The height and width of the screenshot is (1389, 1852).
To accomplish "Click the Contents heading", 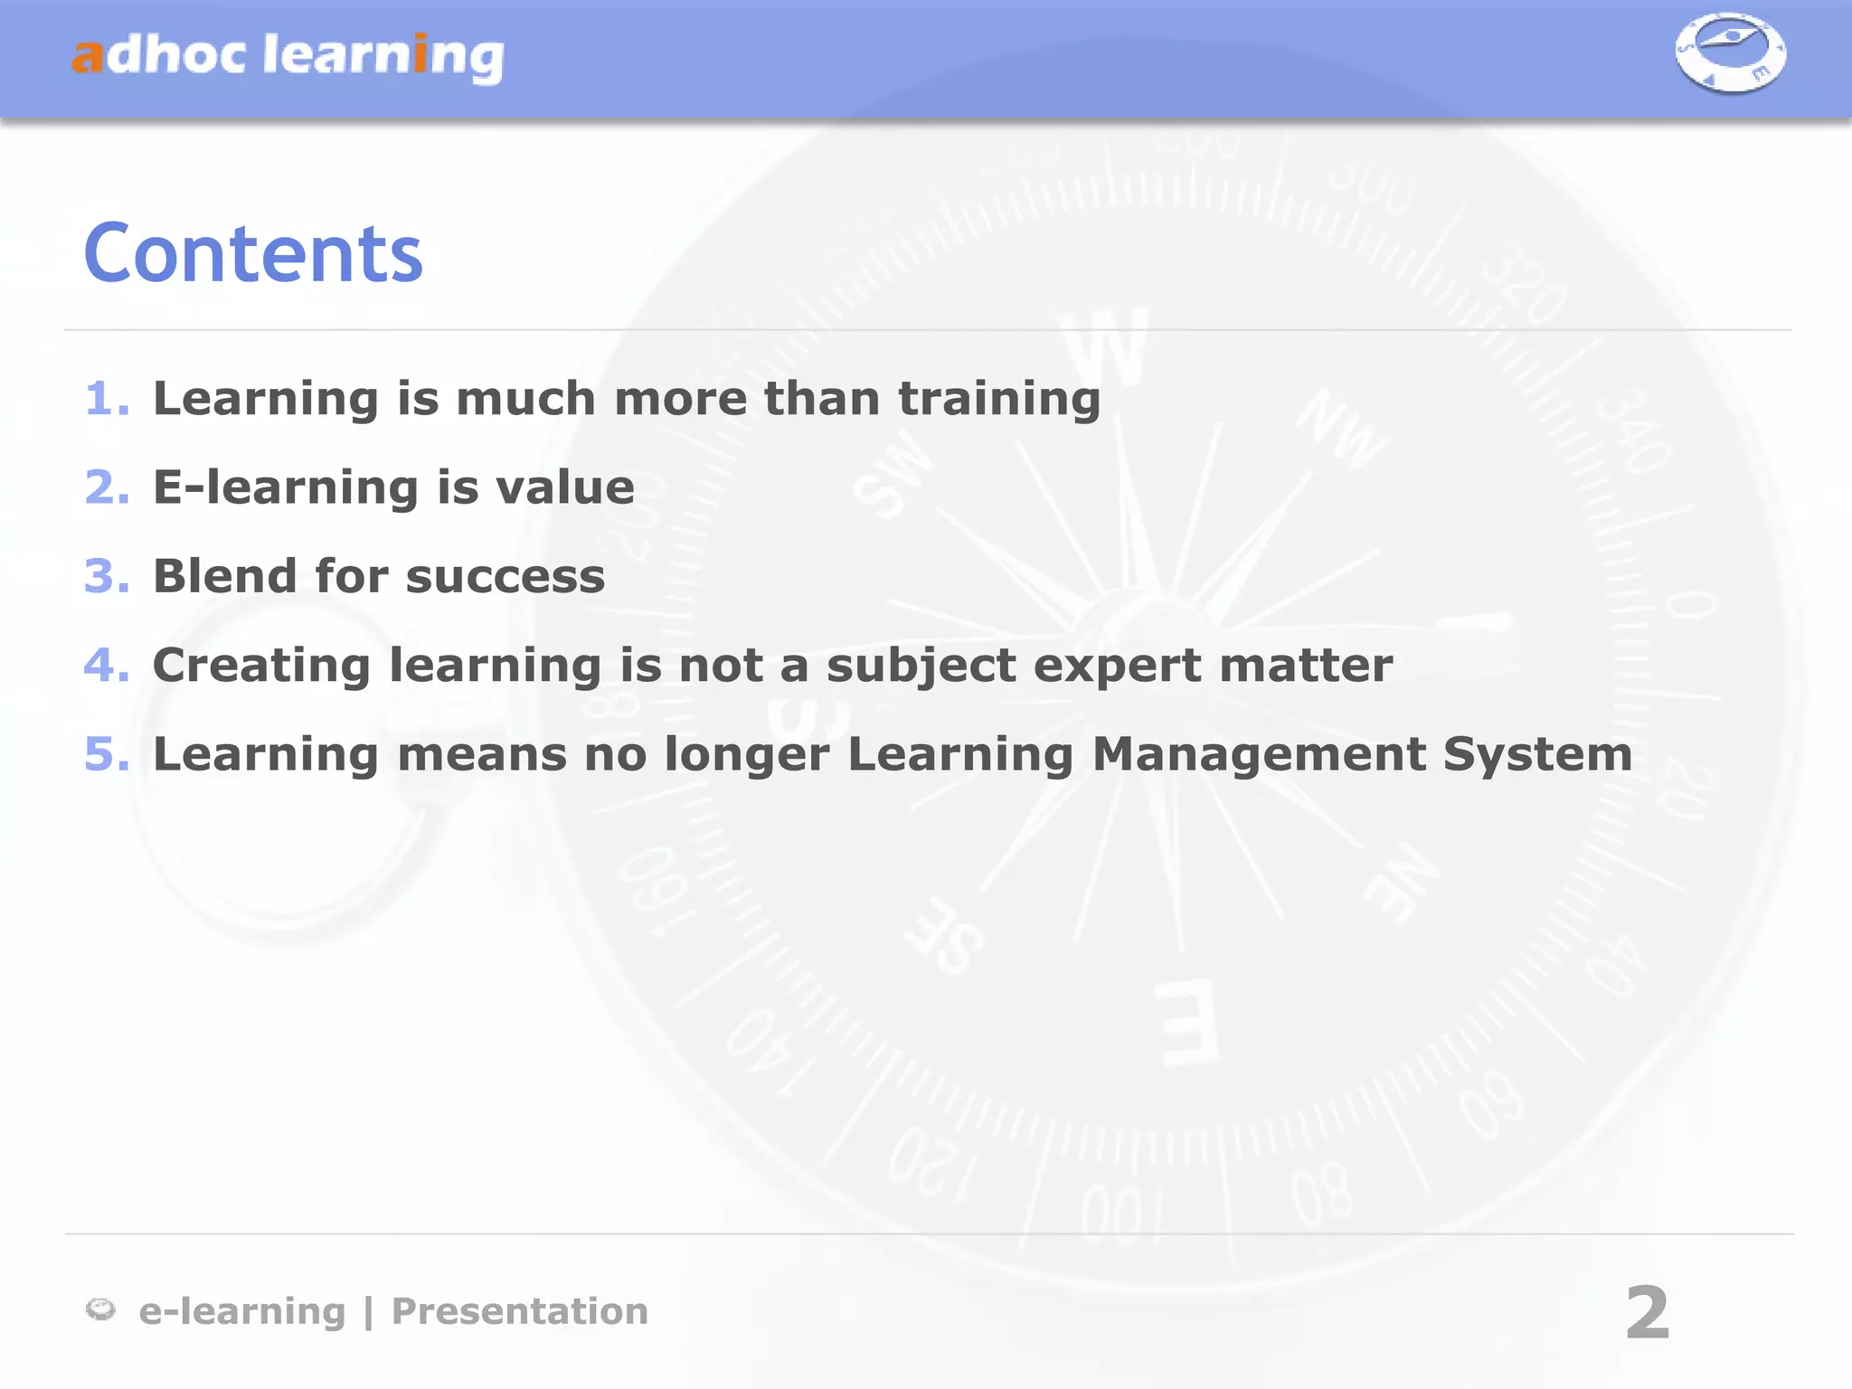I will (x=253, y=254).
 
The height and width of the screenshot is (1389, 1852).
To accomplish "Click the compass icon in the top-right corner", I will (x=1730, y=53).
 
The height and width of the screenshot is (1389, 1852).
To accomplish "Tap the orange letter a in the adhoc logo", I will (x=88, y=56).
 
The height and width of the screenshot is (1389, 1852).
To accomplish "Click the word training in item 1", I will (x=999, y=399).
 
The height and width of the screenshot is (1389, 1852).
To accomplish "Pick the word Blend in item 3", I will (x=225, y=576).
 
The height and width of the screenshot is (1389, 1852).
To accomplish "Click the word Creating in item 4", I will (x=261, y=666).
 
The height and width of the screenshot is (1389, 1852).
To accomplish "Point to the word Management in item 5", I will (x=1259, y=754).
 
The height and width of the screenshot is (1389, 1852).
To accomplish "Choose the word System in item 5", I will (x=1537, y=754).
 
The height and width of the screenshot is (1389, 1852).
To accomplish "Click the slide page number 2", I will (x=1647, y=1313).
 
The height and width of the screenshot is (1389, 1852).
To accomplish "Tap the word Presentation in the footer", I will (x=519, y=1311).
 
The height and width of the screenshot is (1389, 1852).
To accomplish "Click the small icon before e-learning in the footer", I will (x=100, y=1309).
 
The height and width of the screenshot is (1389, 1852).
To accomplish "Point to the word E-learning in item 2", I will (x=286, y=488).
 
